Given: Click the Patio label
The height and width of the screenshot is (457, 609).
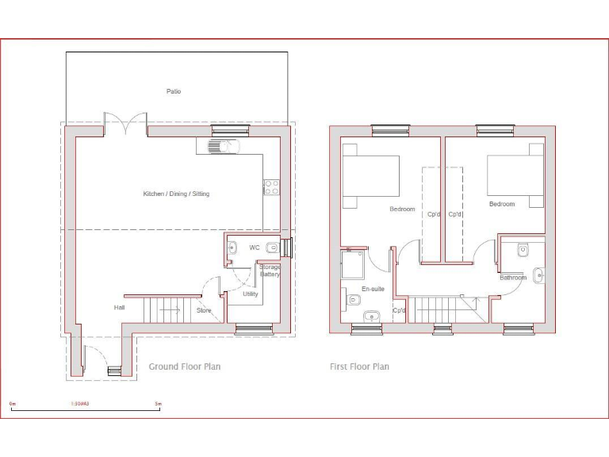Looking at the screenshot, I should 174,91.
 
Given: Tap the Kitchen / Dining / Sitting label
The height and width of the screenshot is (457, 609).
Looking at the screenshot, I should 176,194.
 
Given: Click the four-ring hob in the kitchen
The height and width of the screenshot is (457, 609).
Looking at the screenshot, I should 271,187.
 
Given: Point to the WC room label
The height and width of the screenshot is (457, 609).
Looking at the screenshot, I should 255,248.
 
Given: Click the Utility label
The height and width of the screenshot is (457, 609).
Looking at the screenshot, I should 251,294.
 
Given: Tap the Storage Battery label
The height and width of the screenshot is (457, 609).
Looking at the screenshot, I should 270,271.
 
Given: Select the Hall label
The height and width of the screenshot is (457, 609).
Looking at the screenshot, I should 119,308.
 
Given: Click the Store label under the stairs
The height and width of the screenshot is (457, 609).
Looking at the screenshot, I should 204,310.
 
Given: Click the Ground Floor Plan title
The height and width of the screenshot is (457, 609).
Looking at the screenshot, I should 185,367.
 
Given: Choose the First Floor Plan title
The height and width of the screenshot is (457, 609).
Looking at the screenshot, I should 359,367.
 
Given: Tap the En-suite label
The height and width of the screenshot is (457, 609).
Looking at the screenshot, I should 373,289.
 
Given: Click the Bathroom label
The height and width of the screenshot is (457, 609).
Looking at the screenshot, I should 513,278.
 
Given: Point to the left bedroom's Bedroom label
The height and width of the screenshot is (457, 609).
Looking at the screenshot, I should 402,209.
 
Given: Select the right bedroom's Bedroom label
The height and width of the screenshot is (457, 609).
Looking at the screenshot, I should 501,204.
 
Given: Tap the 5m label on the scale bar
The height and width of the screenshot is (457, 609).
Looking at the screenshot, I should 158,405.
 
